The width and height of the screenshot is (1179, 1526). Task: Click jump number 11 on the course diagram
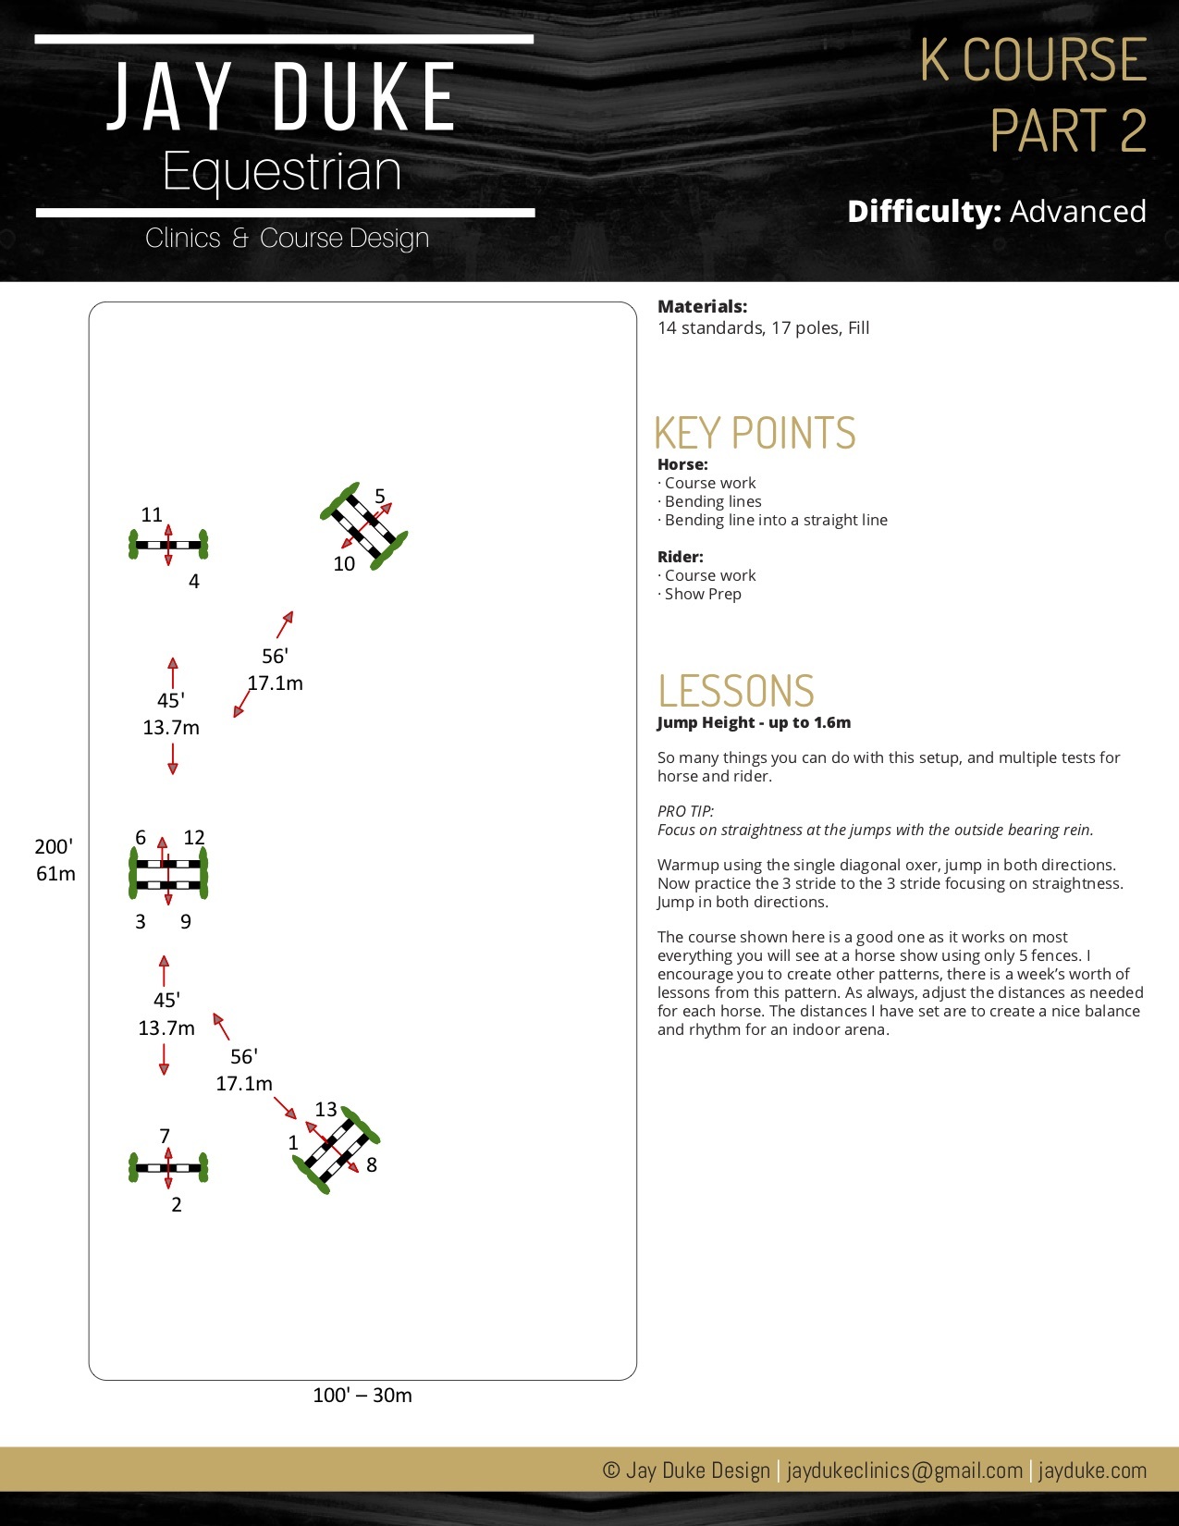pos(152,515)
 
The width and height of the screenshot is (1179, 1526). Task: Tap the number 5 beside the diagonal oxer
pos(380,497)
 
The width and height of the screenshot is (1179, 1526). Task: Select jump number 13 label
pos(325,1109)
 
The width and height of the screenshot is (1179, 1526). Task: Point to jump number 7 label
pos(165,1136)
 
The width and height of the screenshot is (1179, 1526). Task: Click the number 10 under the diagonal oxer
pos(344,564)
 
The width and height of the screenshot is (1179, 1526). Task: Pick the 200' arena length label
pos(54,846)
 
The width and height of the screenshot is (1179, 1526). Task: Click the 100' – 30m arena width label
pos(362,1395)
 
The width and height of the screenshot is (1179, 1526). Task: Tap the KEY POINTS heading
pos(755,433)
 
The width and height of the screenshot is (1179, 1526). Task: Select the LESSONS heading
pos(736,691)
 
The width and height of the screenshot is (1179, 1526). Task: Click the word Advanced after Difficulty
pos(1077,212)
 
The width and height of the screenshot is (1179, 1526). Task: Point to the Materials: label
pos(702,306)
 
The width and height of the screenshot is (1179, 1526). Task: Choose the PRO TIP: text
pos(685,811)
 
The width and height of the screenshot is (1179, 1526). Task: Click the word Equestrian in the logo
pos(282,172)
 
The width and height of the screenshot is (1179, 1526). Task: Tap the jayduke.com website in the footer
pos(1092,1471)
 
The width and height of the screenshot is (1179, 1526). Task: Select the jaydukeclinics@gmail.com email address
pos(904,1471)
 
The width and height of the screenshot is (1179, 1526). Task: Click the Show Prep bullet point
pos(702,594)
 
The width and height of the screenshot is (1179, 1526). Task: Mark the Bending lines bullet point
pos(712,501)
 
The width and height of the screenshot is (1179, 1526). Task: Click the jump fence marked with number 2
pos(168,1168)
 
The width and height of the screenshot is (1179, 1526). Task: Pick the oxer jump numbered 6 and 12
pos(168,873)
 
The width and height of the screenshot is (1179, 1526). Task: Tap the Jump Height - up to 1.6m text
pos(754,722)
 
